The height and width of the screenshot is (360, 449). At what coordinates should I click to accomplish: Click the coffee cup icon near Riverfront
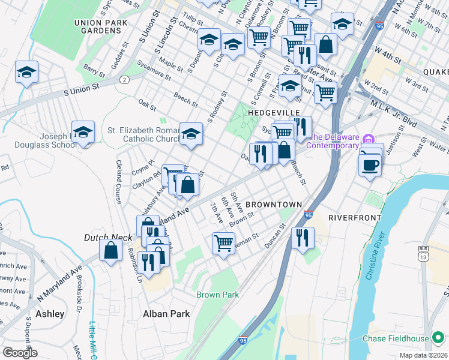pos(370,163)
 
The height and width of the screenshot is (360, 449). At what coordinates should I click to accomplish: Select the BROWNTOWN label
pos(273,205)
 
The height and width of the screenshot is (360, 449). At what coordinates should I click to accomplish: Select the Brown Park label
pos(217,295)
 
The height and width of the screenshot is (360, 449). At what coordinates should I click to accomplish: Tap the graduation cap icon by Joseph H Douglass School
pos(83,132)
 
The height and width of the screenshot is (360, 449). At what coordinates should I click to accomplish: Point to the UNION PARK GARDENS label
pos(97,26)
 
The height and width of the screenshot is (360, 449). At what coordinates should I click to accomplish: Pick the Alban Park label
pos(166,314)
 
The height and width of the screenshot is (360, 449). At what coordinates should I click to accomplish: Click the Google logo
pos(20,352)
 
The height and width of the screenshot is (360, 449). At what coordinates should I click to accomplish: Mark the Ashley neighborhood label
pos(50,314)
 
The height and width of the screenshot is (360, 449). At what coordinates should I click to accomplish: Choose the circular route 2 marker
pos(124,79)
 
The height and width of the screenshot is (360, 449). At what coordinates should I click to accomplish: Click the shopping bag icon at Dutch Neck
pos(112,250)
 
